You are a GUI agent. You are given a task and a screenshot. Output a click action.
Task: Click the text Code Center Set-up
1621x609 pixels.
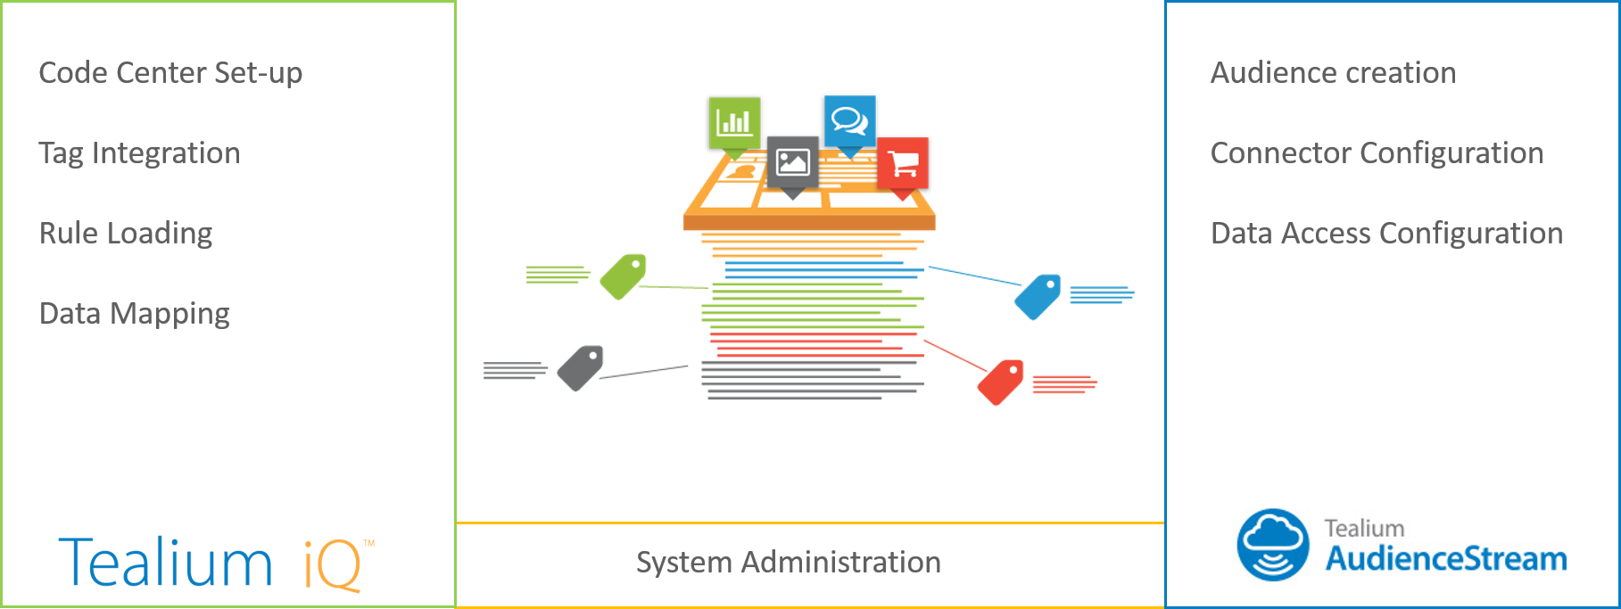(x=170, y=73)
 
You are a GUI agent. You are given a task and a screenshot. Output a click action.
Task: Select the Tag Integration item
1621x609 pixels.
(x=139, y=153)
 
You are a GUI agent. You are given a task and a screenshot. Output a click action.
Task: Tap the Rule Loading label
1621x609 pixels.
(x=126, y=234)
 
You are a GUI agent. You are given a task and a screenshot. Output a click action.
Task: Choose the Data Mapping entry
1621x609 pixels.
(x=135, y=314)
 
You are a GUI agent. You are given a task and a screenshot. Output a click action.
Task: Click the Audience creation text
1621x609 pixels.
(x=1333, y=73)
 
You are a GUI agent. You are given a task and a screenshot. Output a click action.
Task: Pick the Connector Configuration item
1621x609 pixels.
(x=1377, y=153)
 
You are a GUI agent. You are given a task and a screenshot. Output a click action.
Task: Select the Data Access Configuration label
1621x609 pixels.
(x=1386, y=234)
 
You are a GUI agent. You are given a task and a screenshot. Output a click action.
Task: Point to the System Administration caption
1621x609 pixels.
(x=788, y=563)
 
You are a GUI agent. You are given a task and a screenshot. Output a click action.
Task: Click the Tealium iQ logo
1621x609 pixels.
(x=214, y=563)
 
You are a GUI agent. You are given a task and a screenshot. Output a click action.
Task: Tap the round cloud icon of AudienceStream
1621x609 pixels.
(x=1272, y=545)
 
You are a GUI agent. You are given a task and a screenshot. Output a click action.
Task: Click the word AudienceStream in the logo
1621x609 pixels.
(x=1445, y=559)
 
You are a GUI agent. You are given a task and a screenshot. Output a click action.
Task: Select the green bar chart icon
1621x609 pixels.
(x=734, y=122)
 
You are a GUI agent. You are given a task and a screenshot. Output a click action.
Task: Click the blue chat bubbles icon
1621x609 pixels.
(x=849, y=119)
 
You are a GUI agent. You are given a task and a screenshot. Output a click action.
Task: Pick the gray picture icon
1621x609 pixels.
(x=792, y=161)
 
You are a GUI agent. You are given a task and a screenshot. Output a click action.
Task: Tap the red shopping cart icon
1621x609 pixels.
(x=903, y=163)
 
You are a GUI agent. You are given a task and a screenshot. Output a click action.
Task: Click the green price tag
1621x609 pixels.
(x=623, y=276)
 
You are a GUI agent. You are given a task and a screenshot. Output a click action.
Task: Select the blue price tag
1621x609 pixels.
(x=1038, y=296)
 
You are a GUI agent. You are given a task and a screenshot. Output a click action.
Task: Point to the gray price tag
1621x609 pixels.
(x=581, y=367)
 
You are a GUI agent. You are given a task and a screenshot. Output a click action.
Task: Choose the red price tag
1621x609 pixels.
(x=1001, y=382)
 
